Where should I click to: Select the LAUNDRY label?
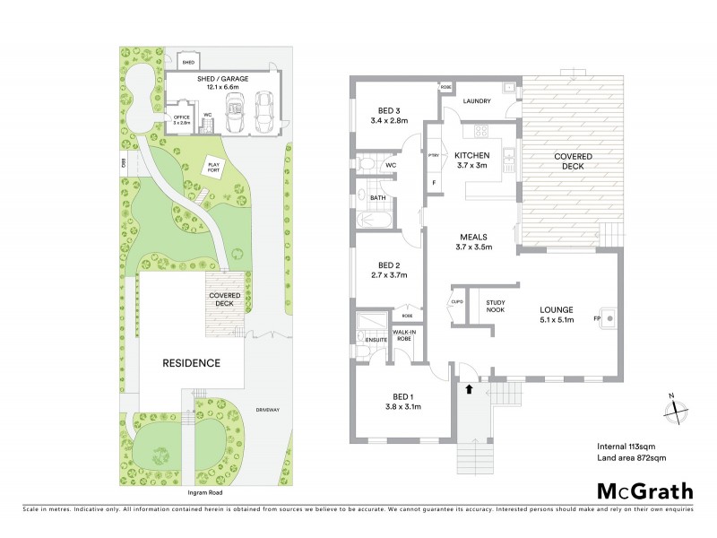[476, 101]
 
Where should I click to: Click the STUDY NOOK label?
[496, 306]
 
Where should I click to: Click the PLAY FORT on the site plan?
[213, 166]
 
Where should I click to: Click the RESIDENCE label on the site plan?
[191, 363]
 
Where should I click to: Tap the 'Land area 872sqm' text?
[631, 458]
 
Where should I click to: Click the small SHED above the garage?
[188, 62]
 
